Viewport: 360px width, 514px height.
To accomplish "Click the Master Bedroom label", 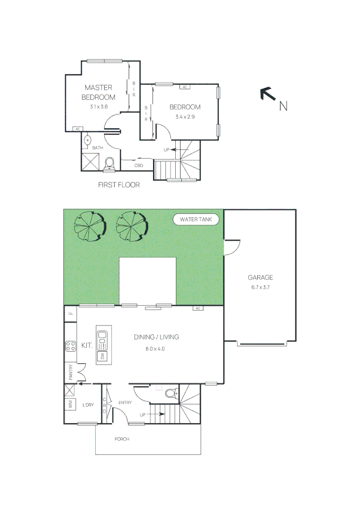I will tap(98, 92).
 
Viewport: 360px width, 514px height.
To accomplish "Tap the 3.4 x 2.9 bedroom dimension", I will tap(185, 117).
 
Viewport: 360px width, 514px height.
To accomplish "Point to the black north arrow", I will tap(268, 94).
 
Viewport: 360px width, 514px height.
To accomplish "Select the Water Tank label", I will tap(196, 219).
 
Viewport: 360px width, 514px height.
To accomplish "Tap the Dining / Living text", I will tap(156, 337).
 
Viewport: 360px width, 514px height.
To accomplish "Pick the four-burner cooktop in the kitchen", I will tap(71, 346).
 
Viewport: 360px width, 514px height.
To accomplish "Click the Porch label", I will tap(122, 439).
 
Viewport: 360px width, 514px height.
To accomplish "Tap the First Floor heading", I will tap(119, 185).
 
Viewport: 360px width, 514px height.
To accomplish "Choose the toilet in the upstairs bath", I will tap(110, 164).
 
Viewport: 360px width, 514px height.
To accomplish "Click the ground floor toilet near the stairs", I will tap(170, 394).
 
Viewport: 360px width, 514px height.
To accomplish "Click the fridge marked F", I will tap(70, 313).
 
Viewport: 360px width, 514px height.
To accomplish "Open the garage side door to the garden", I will tap(232, 247).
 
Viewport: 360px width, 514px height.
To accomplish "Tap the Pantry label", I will tap(70, 372).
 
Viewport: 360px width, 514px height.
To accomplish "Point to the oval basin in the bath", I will tap(87, 141).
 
